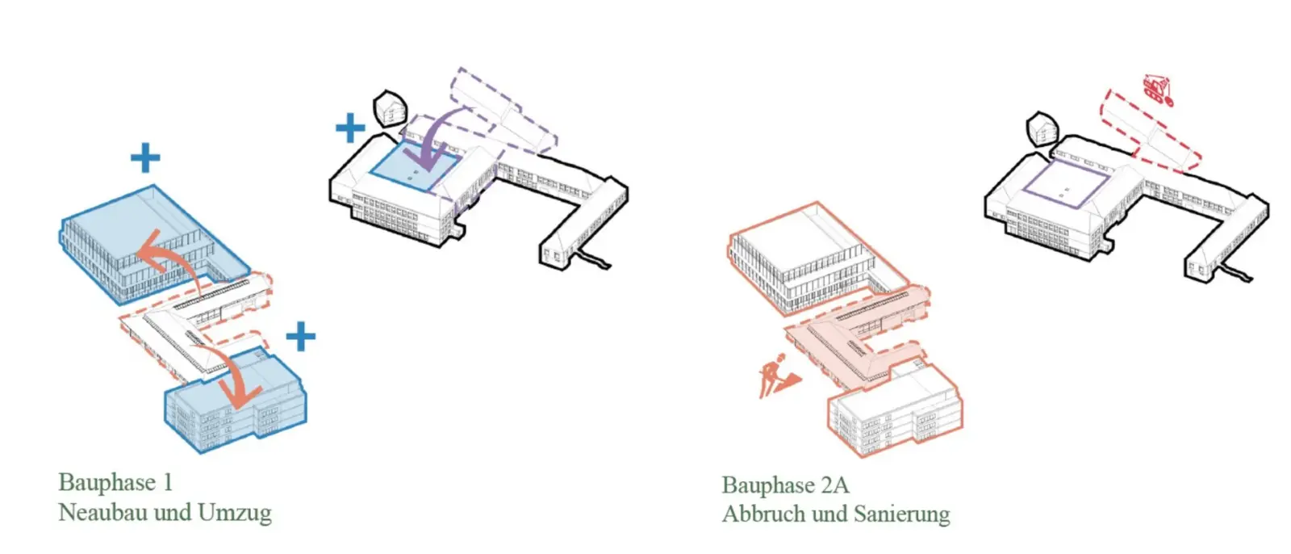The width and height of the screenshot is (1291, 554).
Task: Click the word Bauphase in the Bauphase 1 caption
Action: click(107, 483)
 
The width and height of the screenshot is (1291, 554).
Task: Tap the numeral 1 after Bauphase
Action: click(169, 482)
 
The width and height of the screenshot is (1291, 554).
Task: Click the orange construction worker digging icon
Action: click(778, 376)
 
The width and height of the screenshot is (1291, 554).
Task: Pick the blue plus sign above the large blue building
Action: click(145, 157)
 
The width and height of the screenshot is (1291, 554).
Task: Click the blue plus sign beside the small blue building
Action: click(301, 337)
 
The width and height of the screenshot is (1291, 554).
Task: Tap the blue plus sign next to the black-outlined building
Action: click(350, 128)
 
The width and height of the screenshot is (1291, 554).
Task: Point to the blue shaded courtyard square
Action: click(416, 167)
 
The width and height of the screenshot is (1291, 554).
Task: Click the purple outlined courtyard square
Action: click(1066, 185)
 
